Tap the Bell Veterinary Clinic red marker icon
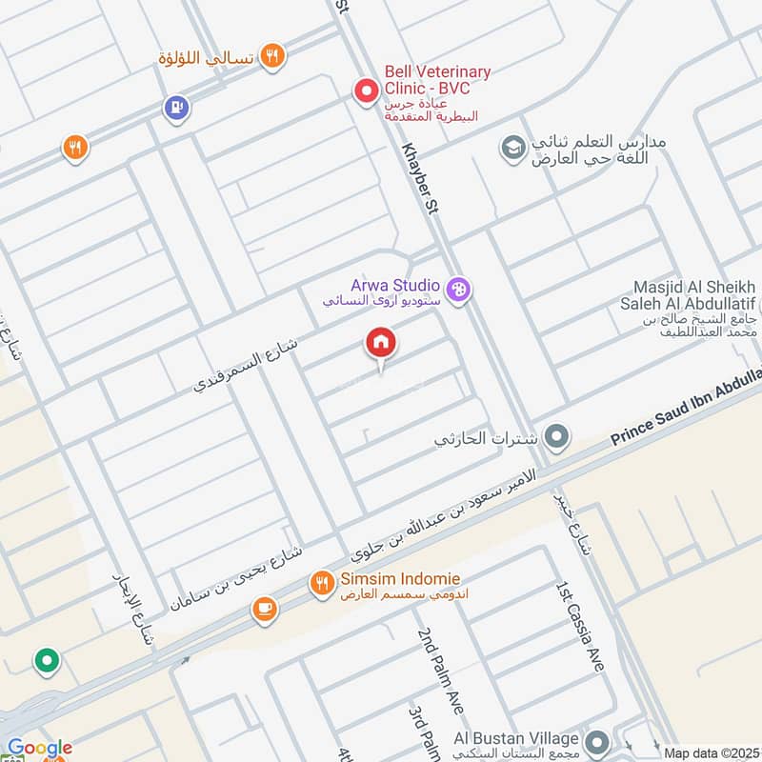[x=365, y=92]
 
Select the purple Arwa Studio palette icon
[x=458, y=291]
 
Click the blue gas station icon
[x=175, y=109]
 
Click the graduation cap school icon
[x=513, y=148]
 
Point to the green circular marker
[x=45, y=659]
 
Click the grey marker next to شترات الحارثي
[x=558, y=438]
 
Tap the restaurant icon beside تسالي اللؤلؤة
[x=272, y=57]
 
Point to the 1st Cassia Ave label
[x=579, y=624]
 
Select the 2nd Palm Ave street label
[x=439, y=672]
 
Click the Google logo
[x=39, y=749]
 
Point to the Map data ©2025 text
[x=710, y=752]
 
